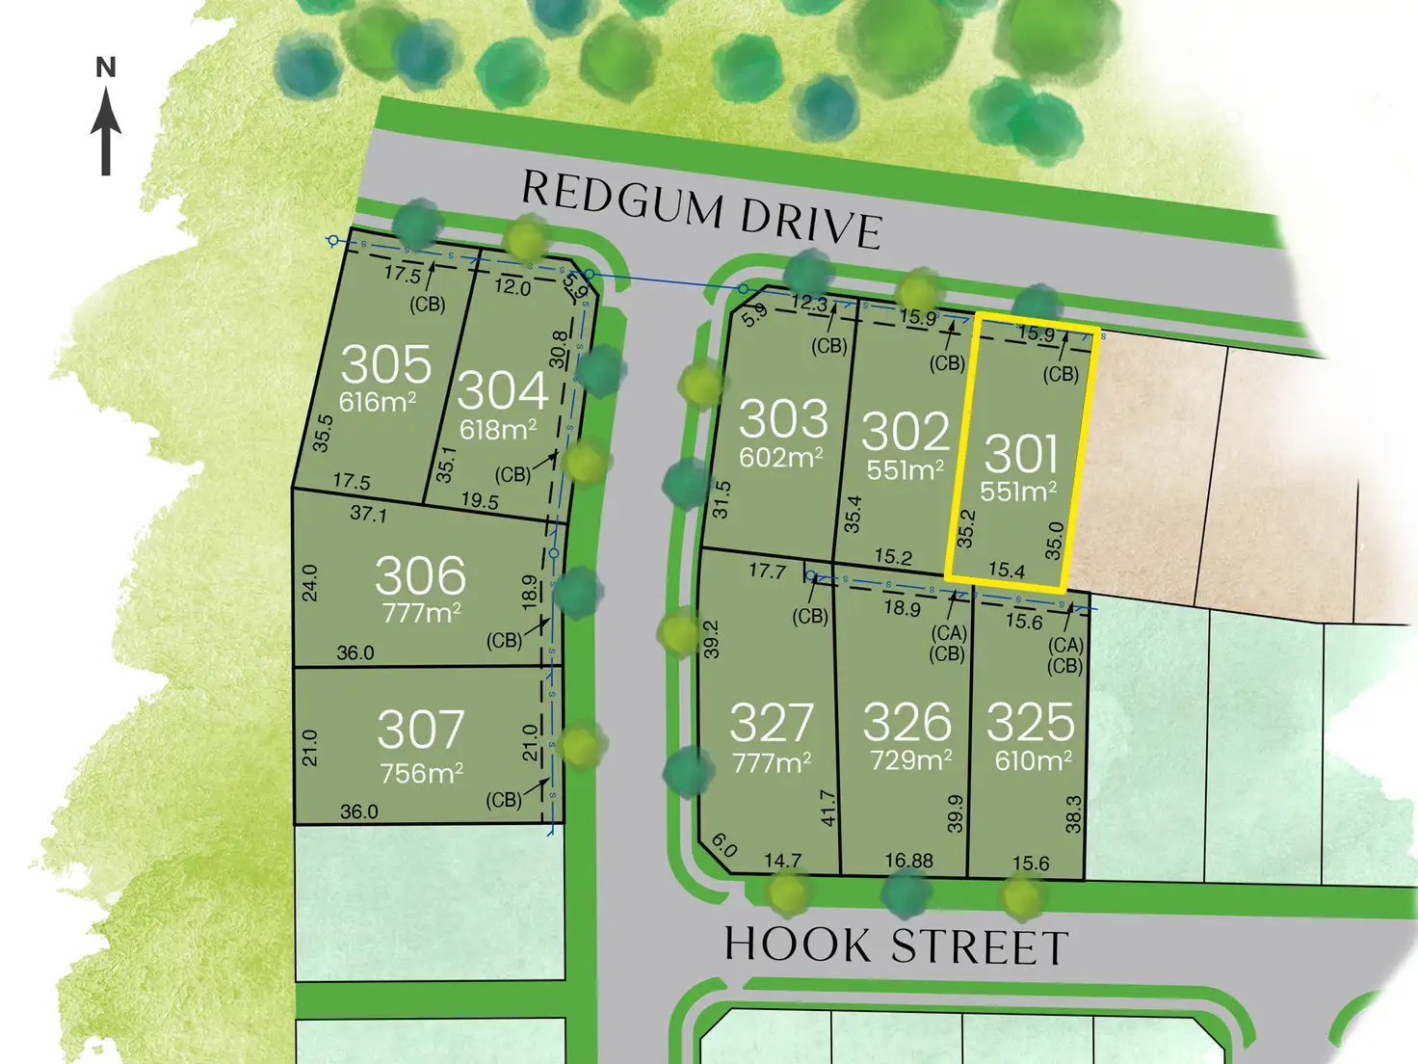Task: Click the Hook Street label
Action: (896, 945)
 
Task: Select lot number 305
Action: (386, 364)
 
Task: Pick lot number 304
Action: (502, 390)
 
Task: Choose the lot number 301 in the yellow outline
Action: (1021, 453)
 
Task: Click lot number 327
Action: (772, 723)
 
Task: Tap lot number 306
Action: (420, 576)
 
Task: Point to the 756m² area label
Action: (422, 774)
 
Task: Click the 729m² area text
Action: (910, 760)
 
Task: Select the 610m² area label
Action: (1034, 761)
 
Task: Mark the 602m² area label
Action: (781, 457)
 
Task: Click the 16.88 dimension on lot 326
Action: (908, 861)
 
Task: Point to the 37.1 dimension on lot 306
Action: (368, 514)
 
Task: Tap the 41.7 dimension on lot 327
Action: (827, 808)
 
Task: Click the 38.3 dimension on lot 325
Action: (1074, 814)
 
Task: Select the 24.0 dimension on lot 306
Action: (309, 583)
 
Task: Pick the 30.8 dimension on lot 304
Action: (558, 349)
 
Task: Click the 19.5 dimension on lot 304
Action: (480, 501)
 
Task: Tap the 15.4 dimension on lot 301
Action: (1006, 571)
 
